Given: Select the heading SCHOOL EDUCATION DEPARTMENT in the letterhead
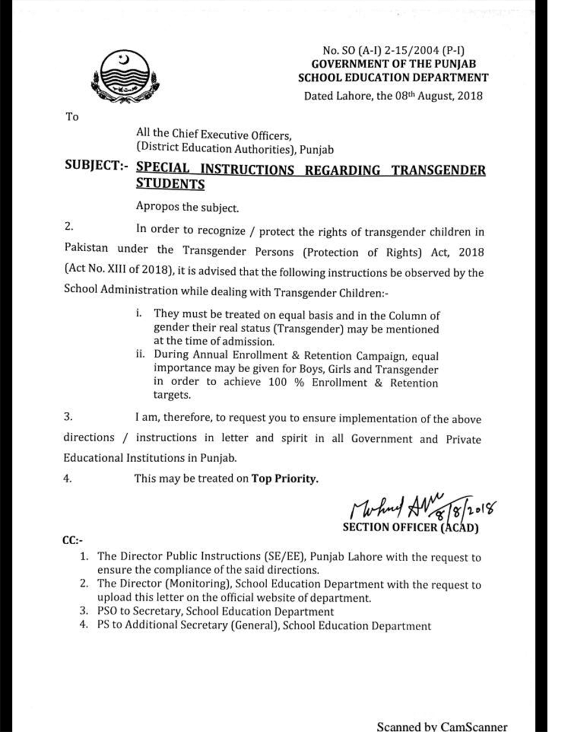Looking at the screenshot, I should [393, 78].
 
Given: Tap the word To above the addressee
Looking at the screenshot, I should [72, 117].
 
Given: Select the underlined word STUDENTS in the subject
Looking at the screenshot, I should [170, 184].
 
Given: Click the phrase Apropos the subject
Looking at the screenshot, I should [188, 208].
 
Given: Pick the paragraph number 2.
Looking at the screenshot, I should [68, 227].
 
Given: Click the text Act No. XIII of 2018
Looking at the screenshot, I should [118, 270].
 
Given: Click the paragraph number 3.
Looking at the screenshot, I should [68, 417].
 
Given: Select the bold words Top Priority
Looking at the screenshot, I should [285, 479].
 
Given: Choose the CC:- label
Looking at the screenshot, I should [72, 541].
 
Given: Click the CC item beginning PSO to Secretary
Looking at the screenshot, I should [215, 612].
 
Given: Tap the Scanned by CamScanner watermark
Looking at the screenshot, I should [442, 726].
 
